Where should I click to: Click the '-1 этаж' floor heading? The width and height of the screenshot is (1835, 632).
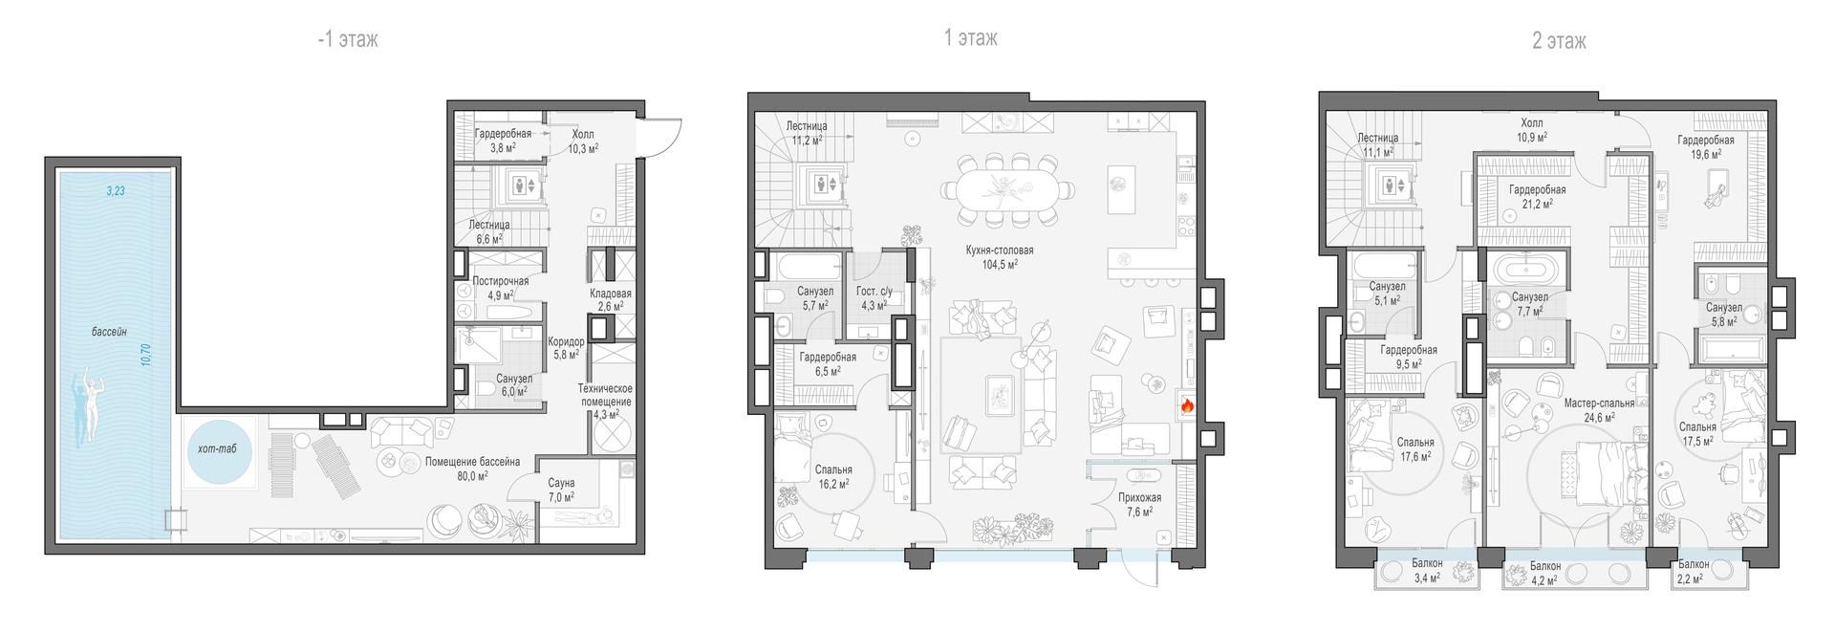[348, 39]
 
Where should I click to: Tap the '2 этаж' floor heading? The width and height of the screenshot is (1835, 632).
[1559, 41]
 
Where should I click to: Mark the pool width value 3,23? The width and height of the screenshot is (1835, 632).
[116, 191]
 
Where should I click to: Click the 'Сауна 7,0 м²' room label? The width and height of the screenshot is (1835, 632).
[561, 490]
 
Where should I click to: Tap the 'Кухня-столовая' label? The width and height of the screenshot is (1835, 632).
[999, 251]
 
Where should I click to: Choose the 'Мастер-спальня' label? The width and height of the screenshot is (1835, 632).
[1598, 403]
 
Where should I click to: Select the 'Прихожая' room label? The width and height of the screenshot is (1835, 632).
[1140, 498]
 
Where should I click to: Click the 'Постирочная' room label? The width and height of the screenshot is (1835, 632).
[501, 281]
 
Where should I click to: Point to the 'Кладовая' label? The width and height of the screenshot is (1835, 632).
[611, 294]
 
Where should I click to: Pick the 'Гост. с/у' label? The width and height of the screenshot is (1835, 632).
[874, 292]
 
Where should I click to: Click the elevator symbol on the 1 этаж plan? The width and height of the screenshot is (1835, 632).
[824, 184]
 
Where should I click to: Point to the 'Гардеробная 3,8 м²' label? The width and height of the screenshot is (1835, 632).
[503, 141]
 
